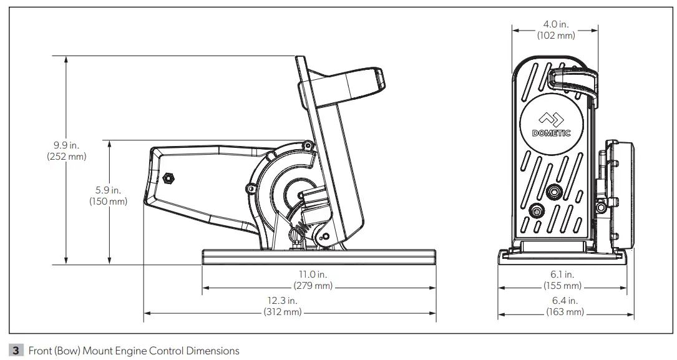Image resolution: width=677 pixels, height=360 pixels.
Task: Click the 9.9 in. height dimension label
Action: click(x=66, y=145)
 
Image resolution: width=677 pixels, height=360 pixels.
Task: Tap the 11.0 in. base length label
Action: click(x=313, y=275)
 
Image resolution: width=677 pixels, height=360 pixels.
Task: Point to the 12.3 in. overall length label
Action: click(x=283, y=301)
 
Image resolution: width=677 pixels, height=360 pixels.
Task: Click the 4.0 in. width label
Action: click(x=556, y=25)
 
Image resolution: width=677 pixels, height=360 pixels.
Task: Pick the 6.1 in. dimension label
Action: click(x=562, y=275)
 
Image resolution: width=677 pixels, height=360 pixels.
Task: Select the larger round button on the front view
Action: click(x=553, y=192)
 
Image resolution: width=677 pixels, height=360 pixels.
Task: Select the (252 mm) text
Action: click(x=66, y=157)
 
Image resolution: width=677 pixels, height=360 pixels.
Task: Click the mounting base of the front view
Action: click(x=562, y=256)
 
